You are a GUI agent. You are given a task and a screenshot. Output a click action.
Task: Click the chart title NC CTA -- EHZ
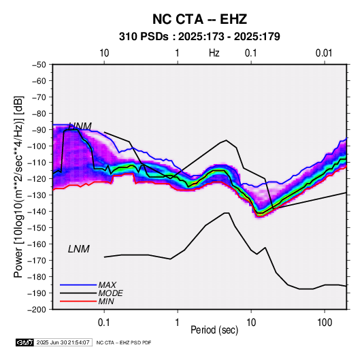(199, 19)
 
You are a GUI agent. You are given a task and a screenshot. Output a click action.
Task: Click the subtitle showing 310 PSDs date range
(199, 37)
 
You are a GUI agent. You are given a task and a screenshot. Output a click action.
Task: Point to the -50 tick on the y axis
(39, 65)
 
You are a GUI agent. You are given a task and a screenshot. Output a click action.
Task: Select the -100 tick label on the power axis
(37, 146)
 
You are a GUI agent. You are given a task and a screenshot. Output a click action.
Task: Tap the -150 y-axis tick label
(37, 227)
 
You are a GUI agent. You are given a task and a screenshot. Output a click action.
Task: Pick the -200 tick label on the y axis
(37, 310)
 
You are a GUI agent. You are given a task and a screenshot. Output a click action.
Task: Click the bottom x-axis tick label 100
(325, 323)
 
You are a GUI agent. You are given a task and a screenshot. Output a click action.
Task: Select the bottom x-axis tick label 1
(178, 323)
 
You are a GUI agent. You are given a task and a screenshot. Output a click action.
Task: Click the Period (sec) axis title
(214, 330)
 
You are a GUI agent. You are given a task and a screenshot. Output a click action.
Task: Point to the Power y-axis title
(18, 186)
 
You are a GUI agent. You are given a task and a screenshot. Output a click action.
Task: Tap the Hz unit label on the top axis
(214, 53)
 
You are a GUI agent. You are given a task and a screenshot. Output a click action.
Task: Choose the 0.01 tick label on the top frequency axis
(324, 53)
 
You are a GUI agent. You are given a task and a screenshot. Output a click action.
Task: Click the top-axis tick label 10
(104, 53)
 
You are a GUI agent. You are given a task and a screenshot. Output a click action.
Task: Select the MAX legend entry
(107, 285)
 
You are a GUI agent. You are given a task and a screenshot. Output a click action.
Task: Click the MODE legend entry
(110, 293)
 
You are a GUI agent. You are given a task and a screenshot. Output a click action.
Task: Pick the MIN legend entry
(106, 301)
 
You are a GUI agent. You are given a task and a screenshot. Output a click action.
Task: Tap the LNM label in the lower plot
(79, 249)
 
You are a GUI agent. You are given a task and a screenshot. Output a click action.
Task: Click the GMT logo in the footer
(24, 342)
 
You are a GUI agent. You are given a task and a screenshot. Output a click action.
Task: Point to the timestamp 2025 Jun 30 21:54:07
(63, 342)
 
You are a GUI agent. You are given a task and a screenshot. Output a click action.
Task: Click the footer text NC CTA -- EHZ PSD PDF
(124, 342)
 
